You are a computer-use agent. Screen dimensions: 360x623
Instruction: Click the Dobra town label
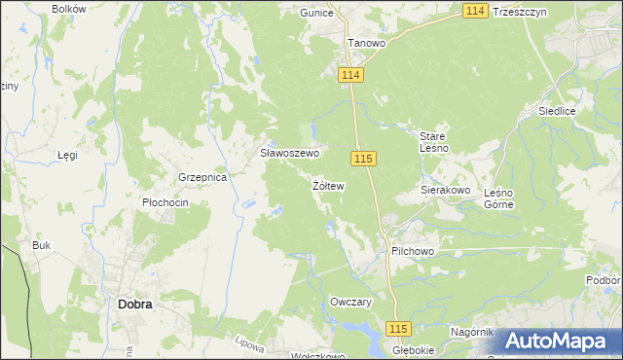(x=134, y=304)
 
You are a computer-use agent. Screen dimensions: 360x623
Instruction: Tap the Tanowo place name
(x=367, y=44)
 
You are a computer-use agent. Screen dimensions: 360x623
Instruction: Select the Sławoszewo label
(x=289, y=154)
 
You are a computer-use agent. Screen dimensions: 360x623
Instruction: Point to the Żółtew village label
(x=328, y=185)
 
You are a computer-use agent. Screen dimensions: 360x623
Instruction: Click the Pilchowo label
(x=412, y=251)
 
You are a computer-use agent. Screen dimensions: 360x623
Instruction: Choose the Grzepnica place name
(x=202, y=178)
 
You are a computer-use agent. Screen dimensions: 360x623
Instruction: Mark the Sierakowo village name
(x=446, y=191)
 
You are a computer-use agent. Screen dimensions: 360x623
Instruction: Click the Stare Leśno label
(x=433, y=142)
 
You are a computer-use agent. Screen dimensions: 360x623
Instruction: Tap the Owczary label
(x=351, y=303)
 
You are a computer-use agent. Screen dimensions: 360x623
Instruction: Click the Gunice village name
(x=317, y=13)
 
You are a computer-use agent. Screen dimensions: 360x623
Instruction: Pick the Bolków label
(x=69, y=9)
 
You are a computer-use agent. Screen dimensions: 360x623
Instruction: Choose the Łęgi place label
(x=67, y=155)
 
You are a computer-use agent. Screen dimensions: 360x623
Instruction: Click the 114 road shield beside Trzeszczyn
(x=475, y=10)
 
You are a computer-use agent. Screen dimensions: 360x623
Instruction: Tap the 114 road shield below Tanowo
(x=351, y=76)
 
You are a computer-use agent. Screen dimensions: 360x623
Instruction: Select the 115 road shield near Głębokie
(x=399, y=329)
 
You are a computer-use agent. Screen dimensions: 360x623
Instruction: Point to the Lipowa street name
(x=250, y=344)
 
